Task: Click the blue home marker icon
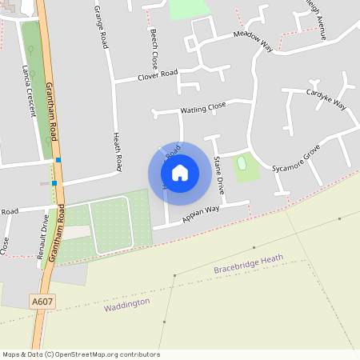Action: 180,172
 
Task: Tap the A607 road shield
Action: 42,301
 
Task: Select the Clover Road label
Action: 157,74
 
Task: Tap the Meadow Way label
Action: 254,42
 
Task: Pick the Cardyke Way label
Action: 326,99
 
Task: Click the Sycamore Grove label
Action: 295,160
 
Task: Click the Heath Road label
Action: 118,152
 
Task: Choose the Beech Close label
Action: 154,48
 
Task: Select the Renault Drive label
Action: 45,232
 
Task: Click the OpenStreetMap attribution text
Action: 81,354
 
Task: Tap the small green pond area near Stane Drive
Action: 242,164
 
